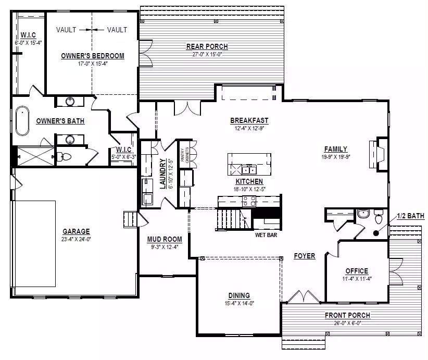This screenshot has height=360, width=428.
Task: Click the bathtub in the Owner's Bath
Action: (22, 121)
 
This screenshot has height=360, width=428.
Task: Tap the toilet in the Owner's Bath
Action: (65, 157)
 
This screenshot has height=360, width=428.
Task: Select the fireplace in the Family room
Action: (379, 154)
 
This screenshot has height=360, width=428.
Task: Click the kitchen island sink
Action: (249, 170)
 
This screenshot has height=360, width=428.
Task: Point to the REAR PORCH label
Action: (207, 46)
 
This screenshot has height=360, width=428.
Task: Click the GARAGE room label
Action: (76, 231)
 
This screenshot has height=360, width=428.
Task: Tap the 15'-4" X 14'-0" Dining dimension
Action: (240, 303)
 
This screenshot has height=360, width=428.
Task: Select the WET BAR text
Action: (266, 235)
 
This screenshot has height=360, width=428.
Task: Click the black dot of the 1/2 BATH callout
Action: (376, 233)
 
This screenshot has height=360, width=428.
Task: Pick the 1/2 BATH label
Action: (410, 216)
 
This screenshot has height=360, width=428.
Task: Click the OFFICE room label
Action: (357, 271)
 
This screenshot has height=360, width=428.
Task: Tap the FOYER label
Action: (305, 256)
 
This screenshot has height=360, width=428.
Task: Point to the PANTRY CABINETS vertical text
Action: (185, 155)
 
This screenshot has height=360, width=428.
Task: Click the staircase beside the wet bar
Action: (234, 220)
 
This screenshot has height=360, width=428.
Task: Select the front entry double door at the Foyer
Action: (304, 296)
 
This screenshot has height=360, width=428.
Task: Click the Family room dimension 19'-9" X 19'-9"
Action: (336, 157)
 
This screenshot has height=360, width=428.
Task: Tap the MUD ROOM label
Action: (165, 239)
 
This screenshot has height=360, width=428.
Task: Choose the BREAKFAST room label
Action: (249, 120)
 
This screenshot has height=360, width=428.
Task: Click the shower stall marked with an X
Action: (36, 156)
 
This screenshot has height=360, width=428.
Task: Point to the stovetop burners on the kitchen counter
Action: (249, 202)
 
